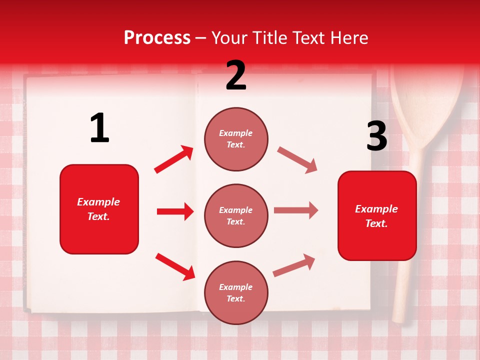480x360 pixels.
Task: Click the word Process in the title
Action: pyautogui.click(x=157, y=38)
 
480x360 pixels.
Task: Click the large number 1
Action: pyautogui.click(x=99, y=128)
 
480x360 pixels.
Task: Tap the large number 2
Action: pyautogui.click(x=236, y=76)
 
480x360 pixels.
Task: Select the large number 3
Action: pyautogui.click(x=376, y=136)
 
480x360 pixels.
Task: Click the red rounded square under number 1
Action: pyautogui.click(x=99, y=209)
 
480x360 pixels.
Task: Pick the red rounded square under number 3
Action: pyautogui.click(x=377, y=215)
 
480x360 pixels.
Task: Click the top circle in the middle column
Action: pyautogui.click(x=236, y=139)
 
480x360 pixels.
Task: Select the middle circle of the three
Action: pyautogui.click(x=236, y=215)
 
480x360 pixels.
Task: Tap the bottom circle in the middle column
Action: pyautogui.click(x=236, y=292)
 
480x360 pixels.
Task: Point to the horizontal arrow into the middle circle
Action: pyautogui.click(x=175, y=211)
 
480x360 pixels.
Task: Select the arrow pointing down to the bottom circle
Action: pyautogui.click(x=175, y=266)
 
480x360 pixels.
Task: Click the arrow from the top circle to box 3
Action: pyautogui.click(x=297, y=160)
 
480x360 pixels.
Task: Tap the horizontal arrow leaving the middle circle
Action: pyautogui.click(x=296, y=210)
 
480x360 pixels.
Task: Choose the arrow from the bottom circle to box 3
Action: pyautogui.click(x=294, y=265)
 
